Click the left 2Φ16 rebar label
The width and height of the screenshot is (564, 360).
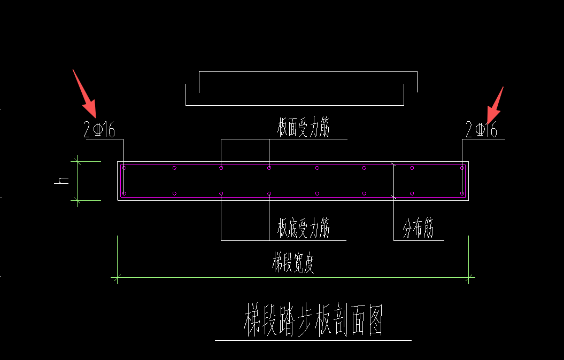99,130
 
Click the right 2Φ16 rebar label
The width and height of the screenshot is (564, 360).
481,130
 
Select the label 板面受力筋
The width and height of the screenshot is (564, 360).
303,129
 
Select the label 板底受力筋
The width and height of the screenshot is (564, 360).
303,228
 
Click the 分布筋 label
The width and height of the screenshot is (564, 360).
418,229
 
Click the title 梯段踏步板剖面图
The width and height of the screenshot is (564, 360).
313,320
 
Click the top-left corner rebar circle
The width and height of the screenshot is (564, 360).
125,168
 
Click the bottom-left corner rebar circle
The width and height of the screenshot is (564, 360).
125,193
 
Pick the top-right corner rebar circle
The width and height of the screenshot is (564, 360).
462,168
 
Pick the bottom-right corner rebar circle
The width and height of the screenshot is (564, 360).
462,193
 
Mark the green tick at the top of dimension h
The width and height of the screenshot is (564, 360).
78,161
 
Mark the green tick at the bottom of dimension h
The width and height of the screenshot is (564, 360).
78,200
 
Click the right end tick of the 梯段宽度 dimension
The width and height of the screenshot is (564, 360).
469,277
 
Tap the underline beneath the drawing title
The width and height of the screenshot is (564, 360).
313,340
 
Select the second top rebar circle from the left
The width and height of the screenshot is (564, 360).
174,168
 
